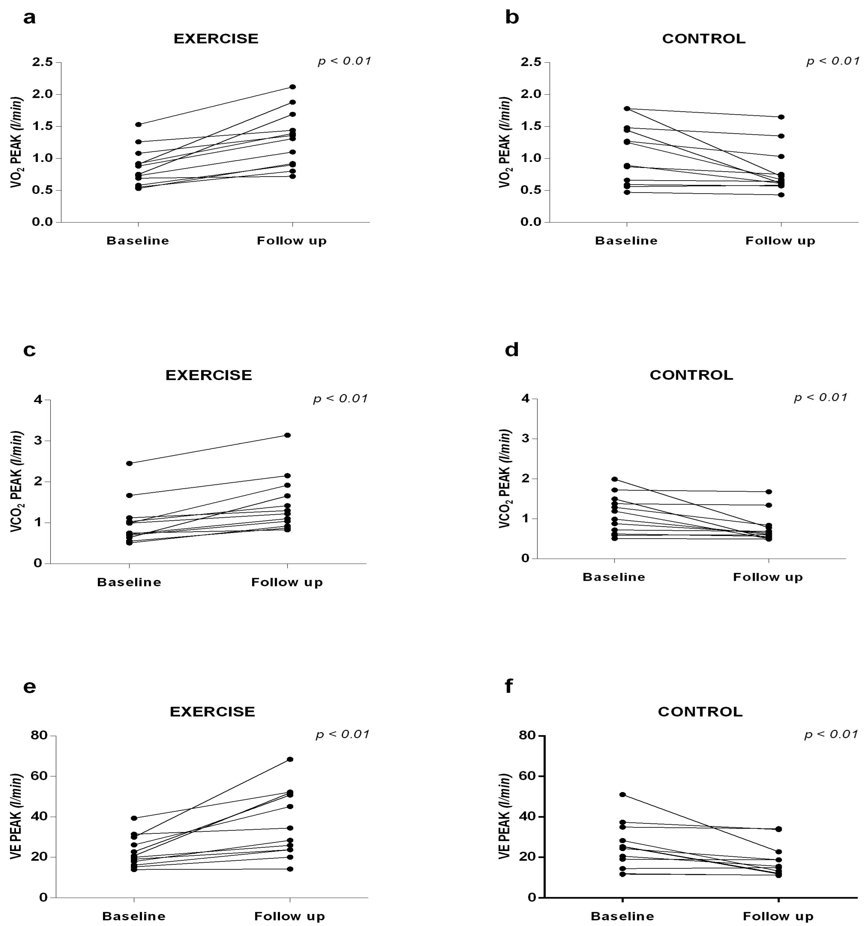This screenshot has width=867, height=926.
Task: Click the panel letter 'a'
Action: (x=29, y=19)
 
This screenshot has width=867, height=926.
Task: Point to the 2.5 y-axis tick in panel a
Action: (x=42, y=62)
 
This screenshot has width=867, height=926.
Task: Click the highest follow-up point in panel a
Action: (x=293, y=87)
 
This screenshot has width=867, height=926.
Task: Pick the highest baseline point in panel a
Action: (x=138, y=124)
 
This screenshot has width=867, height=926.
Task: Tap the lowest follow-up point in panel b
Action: (x=781, y=195)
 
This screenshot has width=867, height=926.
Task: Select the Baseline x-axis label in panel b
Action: (x=626, y=241)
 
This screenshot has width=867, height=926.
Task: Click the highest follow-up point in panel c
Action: (x=287, y=435)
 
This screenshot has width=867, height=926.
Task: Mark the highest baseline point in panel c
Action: (x=129, y=463)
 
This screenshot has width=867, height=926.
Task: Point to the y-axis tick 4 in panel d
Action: (x=526, y=399)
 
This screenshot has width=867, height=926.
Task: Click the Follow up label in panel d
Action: (x=768, y=577)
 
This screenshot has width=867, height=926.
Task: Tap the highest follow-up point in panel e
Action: (x=290, y=759)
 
